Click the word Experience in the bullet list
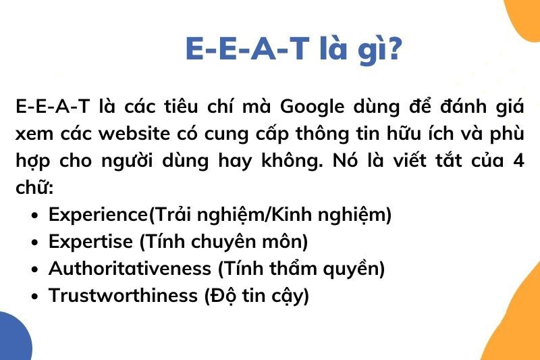tap(98, 215)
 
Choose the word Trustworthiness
tap(123, 295)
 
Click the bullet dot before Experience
tap(34, 215)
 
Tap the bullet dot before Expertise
tap(34, 242)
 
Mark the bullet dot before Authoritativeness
tap(34, 269)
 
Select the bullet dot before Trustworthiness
tap(34, 296)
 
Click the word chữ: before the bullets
tap(34, 187)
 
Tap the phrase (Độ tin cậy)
tap(256, 295)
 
